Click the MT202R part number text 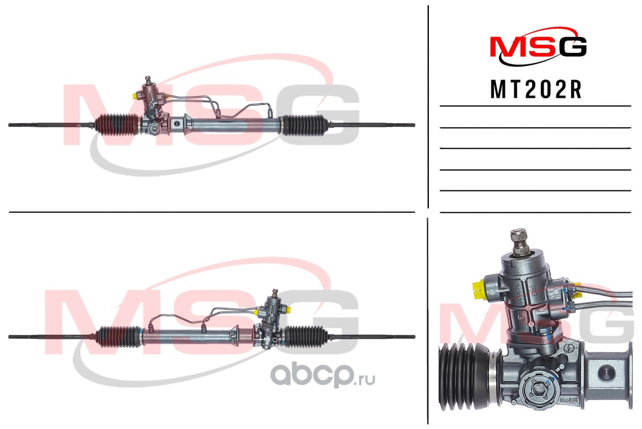click(x=536, y=90)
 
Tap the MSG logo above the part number click(x=538, y=46)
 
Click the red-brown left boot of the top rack click(x=117, y=124)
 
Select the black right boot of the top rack click(x=304, y=125)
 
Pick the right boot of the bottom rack click(x=307, y=336)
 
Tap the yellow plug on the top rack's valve click(x=135, y=96)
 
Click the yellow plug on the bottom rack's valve click(x=288, y=308)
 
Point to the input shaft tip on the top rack click(x=148, y=78)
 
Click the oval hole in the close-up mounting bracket click(x=606, y=373)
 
